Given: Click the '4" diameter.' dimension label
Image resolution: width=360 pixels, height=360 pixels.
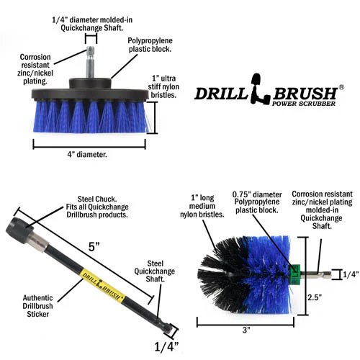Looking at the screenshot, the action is (87, 154).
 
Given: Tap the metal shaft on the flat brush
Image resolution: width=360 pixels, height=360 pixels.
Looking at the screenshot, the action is (90, 62).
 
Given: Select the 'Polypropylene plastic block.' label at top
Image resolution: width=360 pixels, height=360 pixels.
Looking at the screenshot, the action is (150, 45).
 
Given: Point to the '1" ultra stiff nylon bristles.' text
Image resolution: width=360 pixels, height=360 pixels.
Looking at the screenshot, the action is (163, 86).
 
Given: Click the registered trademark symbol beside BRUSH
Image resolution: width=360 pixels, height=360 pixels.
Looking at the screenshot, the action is (341, 87).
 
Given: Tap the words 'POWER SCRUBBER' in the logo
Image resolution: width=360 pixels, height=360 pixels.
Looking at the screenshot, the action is (304, 104).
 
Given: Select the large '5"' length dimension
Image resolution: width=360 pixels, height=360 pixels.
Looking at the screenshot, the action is (94, 246).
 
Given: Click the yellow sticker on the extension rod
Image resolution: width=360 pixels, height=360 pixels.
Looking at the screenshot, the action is (103, 284).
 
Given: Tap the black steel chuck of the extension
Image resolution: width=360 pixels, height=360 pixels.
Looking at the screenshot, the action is (19, 230).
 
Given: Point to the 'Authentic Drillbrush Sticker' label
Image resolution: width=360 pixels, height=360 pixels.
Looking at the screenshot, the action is (37, 306).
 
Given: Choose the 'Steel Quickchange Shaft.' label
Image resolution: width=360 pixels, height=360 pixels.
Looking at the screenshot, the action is (155, 271).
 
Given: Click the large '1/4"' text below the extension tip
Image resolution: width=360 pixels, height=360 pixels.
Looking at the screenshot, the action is (166, 347).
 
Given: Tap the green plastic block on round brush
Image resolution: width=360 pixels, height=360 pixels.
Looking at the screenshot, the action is (294, 274).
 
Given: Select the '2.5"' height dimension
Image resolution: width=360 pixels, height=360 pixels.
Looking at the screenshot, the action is (315, 297).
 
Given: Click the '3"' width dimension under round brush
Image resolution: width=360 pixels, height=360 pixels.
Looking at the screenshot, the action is (246, 330).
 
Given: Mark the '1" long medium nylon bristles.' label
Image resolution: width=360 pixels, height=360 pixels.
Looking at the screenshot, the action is (202, 206).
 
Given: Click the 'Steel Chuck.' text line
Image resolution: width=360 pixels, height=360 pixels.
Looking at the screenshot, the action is (97, 199).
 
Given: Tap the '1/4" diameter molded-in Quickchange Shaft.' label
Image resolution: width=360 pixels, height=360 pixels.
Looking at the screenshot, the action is (92, 24).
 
